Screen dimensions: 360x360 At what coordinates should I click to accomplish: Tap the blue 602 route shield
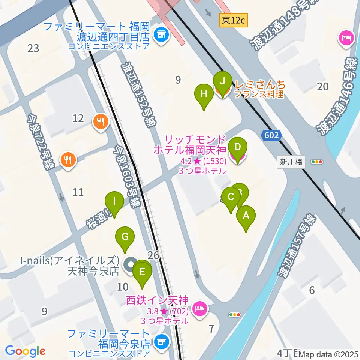[271, 135]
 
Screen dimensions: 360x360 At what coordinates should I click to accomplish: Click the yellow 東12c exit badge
[233, 20]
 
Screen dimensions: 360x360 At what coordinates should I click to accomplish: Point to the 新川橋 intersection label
[291, 162]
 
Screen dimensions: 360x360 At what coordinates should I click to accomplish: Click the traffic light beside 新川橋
[317, 162]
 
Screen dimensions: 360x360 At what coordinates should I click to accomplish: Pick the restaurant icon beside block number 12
[100, 121]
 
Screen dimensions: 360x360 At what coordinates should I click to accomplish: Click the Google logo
[25, 351]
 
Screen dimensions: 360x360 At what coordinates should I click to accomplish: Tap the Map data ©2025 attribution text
[328, 354]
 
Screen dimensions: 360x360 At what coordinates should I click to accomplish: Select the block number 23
[33, 48]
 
